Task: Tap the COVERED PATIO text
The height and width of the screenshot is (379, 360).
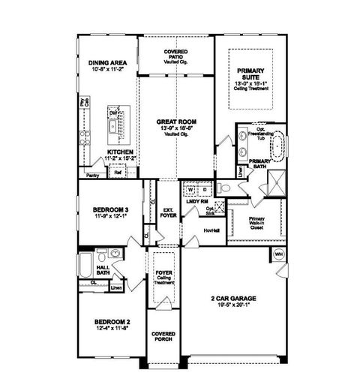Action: click(x=176, y=55)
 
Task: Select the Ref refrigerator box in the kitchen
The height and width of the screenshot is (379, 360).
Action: click(x=118, y=172)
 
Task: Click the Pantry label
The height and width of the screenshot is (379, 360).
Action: click(x=92, y=175)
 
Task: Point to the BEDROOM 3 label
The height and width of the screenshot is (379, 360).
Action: click(x=108, y=209)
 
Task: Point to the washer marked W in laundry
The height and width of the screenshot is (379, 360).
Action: click(x=190, y=189)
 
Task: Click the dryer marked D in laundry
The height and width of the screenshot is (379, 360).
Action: click(x=204, y=189)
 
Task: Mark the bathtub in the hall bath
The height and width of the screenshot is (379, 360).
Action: click(x=85, y=265)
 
